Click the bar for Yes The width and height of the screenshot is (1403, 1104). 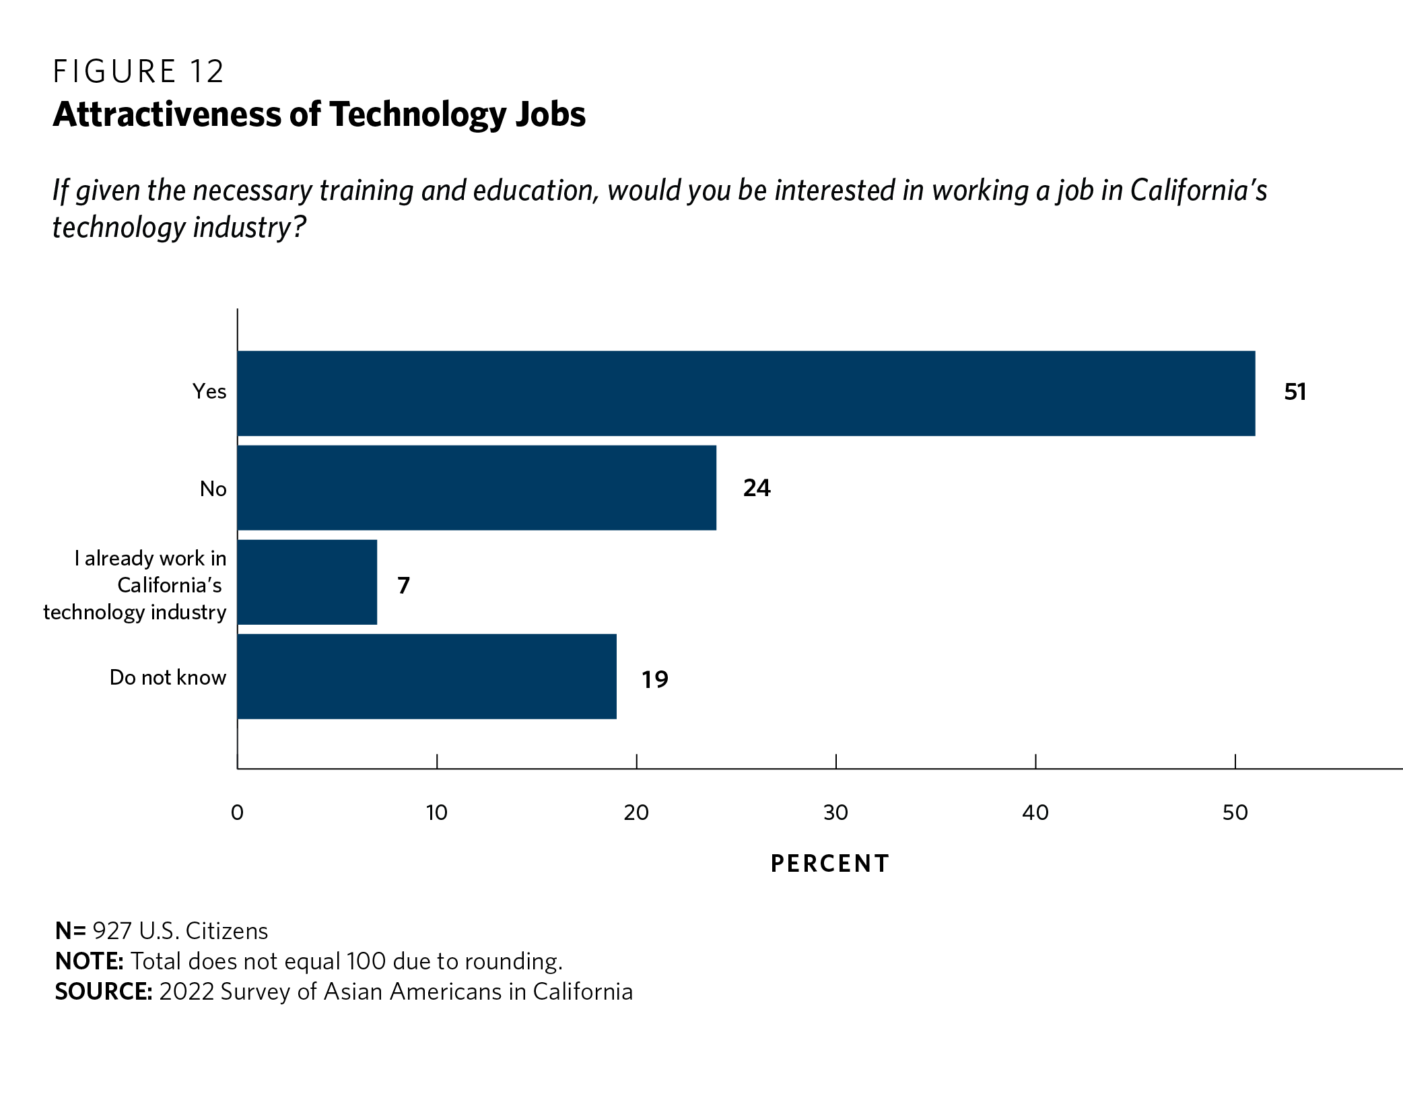(x=746, y=393)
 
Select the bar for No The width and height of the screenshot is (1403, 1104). (x=477, y=487)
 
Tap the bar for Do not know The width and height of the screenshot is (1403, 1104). (x=427, y=676)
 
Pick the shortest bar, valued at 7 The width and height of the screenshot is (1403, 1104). (x=307, y=582)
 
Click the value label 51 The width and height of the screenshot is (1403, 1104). (x=1295, y=392)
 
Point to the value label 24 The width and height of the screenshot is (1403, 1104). (x=757, y=488)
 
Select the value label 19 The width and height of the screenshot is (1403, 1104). (x=654, y=680)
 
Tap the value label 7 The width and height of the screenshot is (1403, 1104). (x=403, y=586)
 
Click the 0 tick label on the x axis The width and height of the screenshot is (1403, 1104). (x=237, y=813)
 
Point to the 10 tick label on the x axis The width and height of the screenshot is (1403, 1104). (x=436, y=813)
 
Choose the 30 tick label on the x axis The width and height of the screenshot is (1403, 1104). (x=835, y=813)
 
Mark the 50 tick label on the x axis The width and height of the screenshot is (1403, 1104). (x=1235, y=813)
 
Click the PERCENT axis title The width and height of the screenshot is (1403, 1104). (x=830, y=864)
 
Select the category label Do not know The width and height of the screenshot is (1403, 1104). (x=168, y=677)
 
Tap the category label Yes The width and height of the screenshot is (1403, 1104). (x=209, y=391)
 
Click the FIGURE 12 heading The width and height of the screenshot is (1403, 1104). (x=138, y=72)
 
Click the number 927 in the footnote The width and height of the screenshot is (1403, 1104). (x=112, y=931)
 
